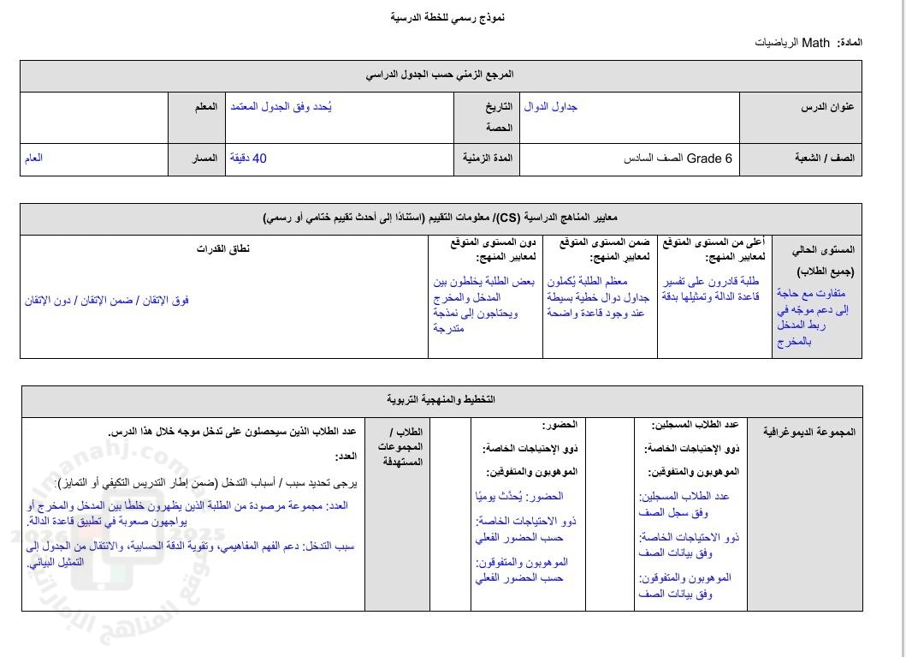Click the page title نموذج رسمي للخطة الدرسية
point(453,17)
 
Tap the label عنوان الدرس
point(827,108)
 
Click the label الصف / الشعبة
point(826,158)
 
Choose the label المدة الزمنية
point(488,158)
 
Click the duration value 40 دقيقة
point(248,158)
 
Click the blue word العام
point(33,158)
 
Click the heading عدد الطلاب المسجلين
point(696,425)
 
